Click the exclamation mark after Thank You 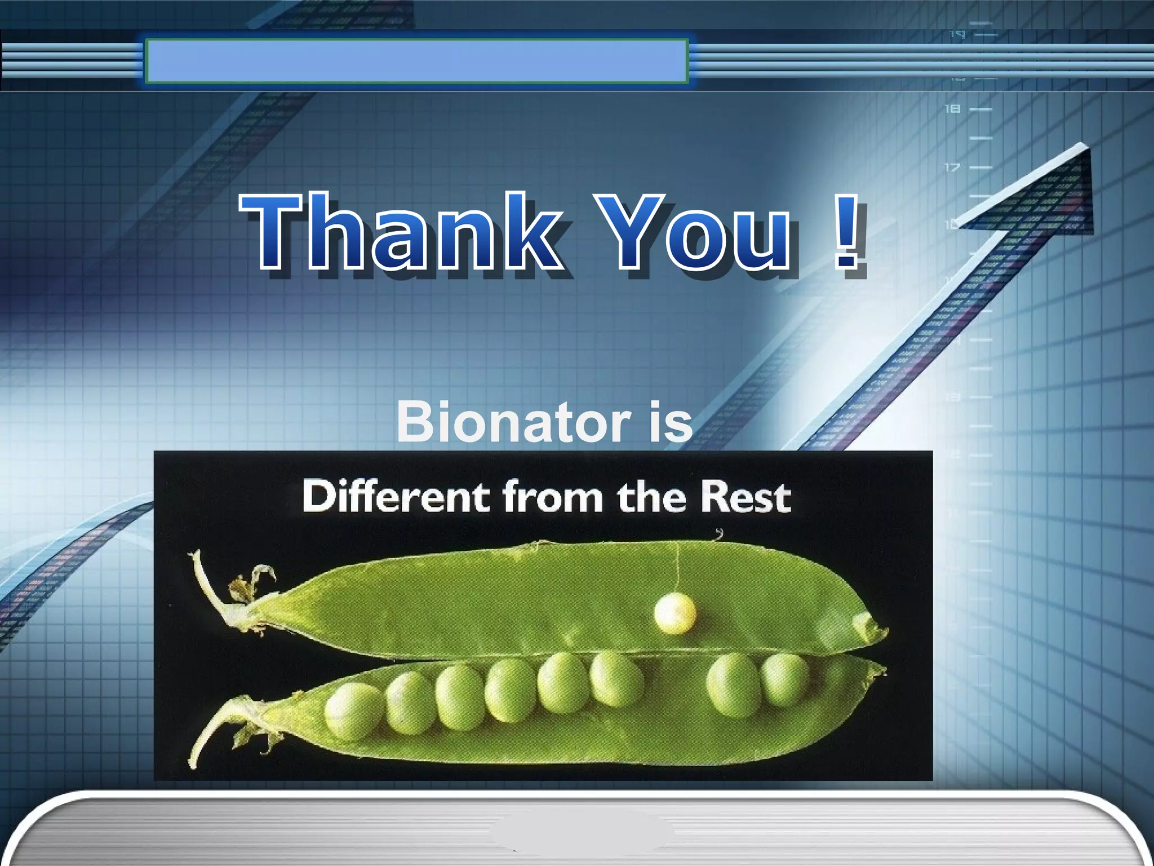tap(847, 231)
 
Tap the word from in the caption tap(553, 497)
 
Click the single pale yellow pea tap(674, 613)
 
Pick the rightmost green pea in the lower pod tap(785, 679)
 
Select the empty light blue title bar tap(416, 61)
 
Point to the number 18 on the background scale tap(952, 108)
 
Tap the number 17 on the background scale tap(952, 167)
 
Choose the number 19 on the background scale tap(957, 35)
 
